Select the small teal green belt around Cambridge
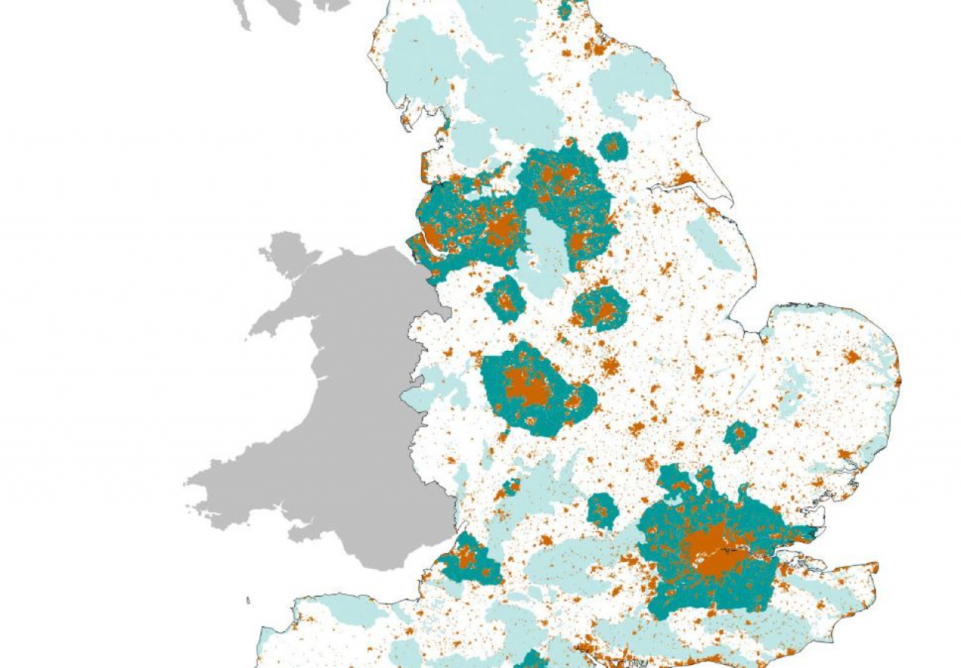click(x=740, y=436)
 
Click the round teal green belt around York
click(x=613, y=146)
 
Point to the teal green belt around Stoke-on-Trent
click(x=505, y=298)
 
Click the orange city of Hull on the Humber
click(x=684, y=179)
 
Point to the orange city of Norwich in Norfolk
click(x=851, y=356)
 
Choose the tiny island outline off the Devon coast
click(x=249, y=600)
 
